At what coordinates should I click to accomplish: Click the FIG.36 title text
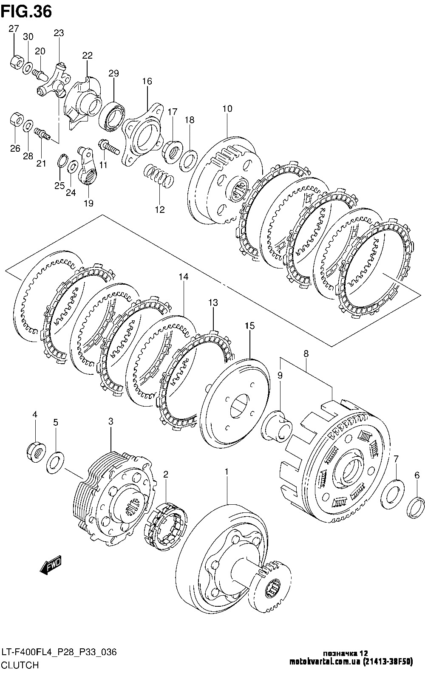(26, 11)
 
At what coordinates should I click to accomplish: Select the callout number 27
(14, 29)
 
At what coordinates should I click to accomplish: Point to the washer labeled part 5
(55, 462)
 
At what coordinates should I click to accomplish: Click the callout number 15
(249, 326)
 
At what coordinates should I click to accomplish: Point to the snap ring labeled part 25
(62, 161)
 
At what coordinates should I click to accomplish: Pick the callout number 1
(227, 472)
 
